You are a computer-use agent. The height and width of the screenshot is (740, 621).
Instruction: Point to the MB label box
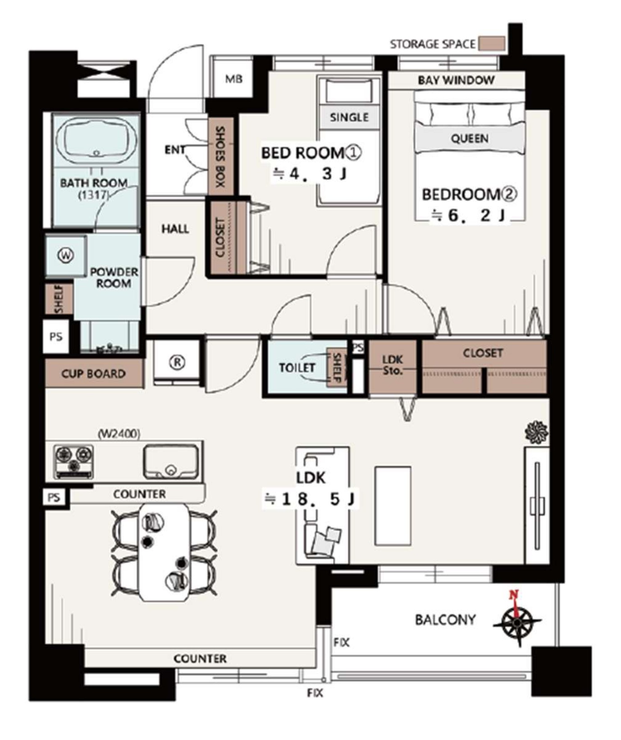(233, 79)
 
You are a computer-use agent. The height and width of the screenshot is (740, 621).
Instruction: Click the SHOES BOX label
(221, 156)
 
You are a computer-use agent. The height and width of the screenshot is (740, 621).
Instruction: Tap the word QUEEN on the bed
(470, 138)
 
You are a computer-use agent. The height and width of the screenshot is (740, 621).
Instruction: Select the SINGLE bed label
(349, 117)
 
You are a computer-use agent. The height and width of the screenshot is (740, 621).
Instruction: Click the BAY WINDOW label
(456, 80)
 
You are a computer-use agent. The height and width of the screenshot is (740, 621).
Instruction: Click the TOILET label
(297, 368)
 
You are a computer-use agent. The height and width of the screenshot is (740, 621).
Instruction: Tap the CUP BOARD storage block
(94, 373)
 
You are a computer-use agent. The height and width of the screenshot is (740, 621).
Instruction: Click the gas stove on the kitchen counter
(73, 461)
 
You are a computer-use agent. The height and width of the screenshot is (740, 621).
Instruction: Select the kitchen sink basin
(171, 461)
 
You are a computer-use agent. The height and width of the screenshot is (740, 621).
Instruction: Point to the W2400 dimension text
(119, 434)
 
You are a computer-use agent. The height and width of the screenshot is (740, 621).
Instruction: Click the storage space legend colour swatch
(492, 44)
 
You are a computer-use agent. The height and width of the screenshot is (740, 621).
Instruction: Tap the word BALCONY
(445, 620)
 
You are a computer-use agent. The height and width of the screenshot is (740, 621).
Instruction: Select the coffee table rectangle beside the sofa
(393, 506)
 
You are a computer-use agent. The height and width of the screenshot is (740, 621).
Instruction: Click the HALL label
(175, 229)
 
